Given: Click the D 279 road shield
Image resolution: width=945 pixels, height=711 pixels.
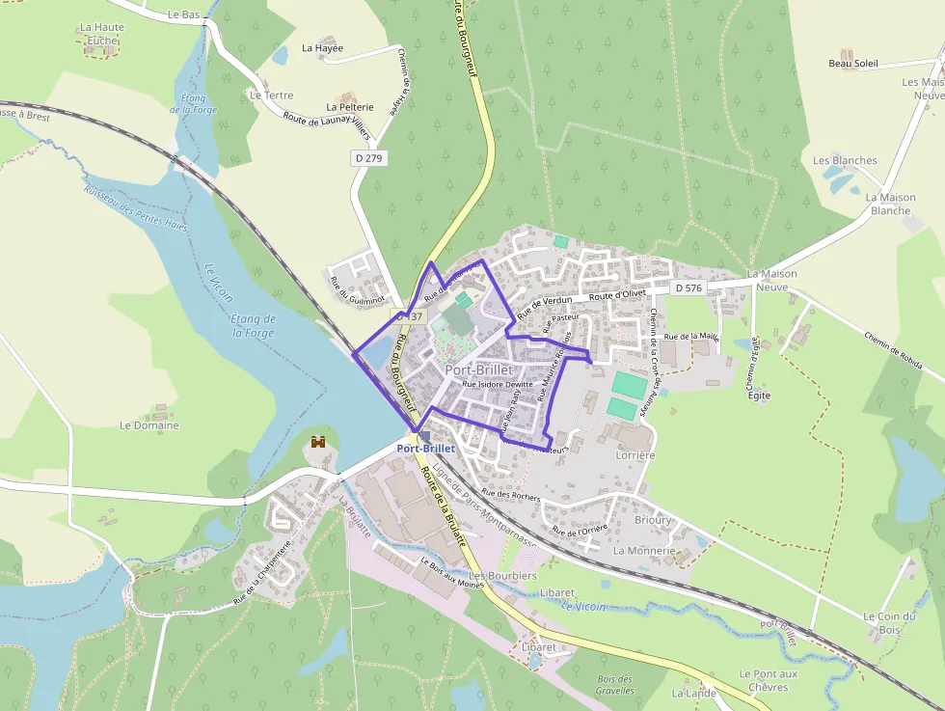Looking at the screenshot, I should (368, 157).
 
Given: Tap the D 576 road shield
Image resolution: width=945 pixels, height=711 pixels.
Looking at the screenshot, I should (688, 287).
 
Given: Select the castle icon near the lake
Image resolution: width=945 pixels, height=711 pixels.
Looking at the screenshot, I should (318, 442).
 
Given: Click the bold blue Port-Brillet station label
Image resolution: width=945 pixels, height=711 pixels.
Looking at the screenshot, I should (426, 449).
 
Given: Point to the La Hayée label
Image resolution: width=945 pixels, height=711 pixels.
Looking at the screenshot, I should (322, 47).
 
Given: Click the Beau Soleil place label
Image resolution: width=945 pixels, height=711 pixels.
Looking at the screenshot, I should (853, 64).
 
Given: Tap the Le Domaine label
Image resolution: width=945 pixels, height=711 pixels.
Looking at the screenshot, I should (148, 425).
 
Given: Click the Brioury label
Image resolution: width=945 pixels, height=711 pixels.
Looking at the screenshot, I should (653, 520).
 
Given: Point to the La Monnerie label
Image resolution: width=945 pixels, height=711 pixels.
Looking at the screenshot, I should (644, 551).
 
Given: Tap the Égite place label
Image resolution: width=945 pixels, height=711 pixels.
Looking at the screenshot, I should (759, 396).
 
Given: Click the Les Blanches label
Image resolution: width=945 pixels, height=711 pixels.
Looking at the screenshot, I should (845, 161).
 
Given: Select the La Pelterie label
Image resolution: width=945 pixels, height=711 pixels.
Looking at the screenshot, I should (349, 107).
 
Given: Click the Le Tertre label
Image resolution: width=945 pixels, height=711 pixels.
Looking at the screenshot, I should (271, 96).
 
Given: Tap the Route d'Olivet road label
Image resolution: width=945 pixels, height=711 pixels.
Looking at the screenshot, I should (617, 294).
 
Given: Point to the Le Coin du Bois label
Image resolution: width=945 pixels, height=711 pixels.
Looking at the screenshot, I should (888, 623).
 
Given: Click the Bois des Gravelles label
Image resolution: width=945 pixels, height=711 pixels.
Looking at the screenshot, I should (615, 684).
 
